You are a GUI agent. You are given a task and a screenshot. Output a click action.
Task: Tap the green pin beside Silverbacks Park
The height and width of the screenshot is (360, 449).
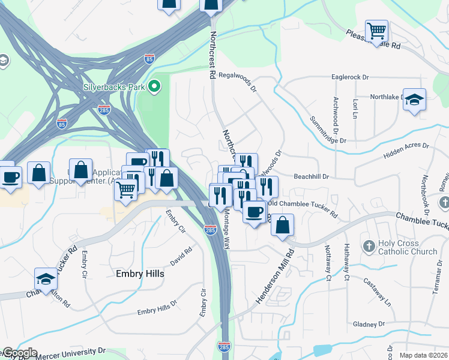(154, 87)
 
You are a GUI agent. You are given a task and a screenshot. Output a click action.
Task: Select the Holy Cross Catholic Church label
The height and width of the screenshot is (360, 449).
(408, 247)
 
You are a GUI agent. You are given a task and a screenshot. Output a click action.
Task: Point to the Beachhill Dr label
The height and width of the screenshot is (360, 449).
(312, 177)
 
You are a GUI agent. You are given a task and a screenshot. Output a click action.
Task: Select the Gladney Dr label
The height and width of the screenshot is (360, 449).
(369, 324)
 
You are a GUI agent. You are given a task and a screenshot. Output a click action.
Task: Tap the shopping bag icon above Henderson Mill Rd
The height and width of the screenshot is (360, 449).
(282, 226)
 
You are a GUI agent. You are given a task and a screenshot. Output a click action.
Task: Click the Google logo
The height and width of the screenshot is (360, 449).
(19, 353)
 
